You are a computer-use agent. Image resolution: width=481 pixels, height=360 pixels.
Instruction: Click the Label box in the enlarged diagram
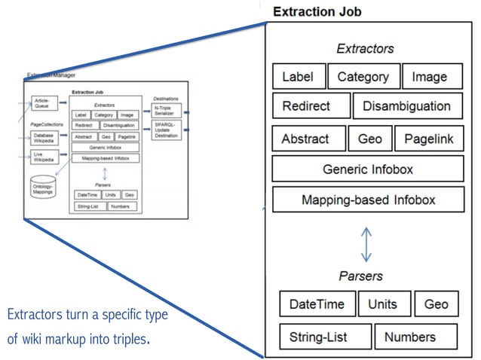click(299, 77)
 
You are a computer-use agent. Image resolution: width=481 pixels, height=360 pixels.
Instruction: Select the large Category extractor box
click(363, 77)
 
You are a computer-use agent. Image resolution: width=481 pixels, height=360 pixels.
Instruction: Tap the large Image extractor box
click(429, 77)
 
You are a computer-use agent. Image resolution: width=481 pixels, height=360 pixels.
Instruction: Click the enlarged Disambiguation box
click(406, 106)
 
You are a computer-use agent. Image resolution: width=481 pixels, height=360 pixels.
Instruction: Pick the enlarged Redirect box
click(311, 106)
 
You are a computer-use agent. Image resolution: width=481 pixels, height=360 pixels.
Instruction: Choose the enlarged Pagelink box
click(427, 139)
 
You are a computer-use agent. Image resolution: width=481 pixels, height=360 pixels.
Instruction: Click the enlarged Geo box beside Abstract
click(369, 139)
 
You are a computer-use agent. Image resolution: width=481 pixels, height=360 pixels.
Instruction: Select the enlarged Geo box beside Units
click(436, 304)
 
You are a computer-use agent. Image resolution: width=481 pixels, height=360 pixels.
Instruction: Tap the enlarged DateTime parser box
click(317, 304)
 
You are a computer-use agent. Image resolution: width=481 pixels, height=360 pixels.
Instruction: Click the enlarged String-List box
click(324, 337)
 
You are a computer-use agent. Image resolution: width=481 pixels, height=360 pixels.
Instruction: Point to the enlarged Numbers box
click(415, 337)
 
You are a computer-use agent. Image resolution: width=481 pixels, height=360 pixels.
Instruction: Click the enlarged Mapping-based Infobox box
click(367, 200)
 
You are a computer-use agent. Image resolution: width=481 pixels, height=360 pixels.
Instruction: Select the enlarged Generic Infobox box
click(367, 169)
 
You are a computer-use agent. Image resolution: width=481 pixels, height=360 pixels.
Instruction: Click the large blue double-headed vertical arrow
click(366, 245)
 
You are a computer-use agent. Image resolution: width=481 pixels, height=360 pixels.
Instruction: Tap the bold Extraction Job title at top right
click(317, 11)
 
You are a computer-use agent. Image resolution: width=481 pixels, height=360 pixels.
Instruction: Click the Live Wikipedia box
click(44, 157)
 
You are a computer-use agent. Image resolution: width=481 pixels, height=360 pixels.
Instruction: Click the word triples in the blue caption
click(128, 338)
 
